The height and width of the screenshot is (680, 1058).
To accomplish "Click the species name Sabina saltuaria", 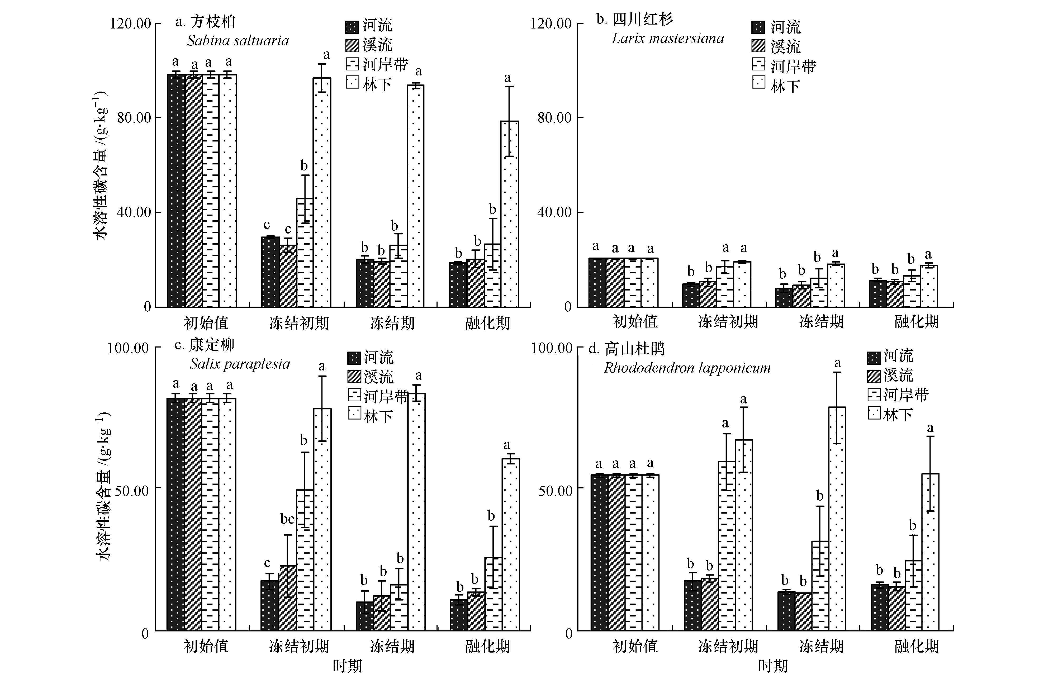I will tap(238, 41).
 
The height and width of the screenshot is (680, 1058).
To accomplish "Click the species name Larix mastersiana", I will tap(668, 39).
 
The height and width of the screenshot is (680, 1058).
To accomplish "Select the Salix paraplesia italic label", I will tap(240, 364).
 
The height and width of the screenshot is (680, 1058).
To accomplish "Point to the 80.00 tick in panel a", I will tap(134, 117).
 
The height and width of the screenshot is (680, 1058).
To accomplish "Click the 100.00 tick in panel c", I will tap(128, 348).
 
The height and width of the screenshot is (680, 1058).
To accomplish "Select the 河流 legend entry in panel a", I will tap(369, 26).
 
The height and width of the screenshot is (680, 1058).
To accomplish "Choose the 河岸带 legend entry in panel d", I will tap(898, 394).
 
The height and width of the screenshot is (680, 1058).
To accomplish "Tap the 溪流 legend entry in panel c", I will tap(370, 376).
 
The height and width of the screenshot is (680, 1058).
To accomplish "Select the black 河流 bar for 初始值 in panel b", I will tap(597, 283).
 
